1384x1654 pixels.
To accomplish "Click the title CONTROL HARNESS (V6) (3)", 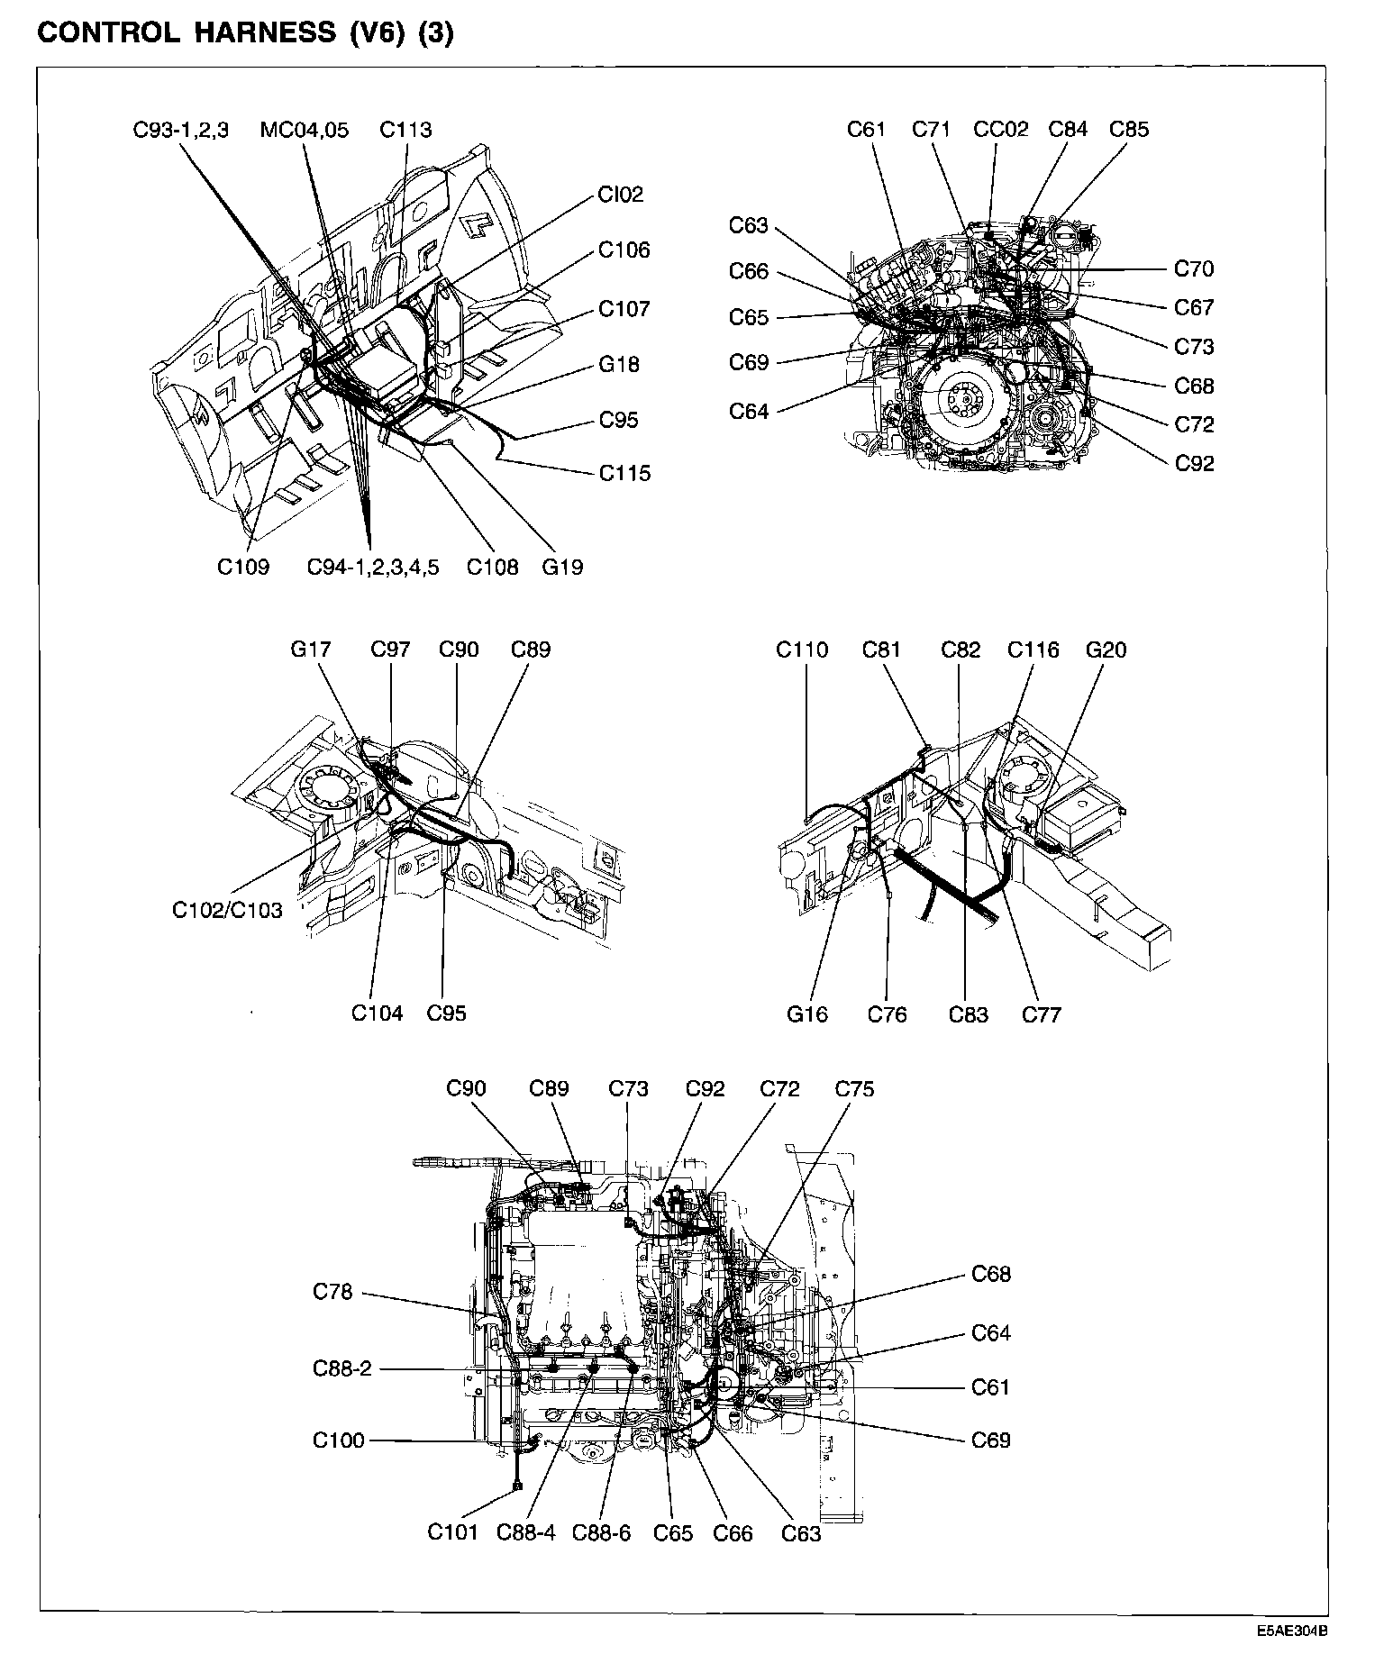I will click(245, 33).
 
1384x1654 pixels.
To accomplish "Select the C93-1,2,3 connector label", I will click(181, 130).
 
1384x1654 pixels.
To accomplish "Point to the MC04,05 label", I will click(304, 130).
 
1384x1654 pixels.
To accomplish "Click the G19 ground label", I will click(562, 567).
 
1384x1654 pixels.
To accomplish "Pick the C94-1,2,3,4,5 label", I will click(373, 567).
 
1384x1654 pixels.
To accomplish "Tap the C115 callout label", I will click(624, 473).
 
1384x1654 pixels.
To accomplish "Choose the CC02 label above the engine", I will click(1000, 129).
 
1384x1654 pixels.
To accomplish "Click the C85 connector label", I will click(1129, 129).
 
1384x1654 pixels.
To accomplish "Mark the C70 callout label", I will click(1194, 268).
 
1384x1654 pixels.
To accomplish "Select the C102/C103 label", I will click(227, 910).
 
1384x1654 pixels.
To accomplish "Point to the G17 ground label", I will click(311, 650).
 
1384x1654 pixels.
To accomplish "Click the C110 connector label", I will click(802, 650).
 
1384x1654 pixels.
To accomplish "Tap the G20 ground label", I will click(1106, 650).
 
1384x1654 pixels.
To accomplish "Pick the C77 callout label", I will click(1042, 1014).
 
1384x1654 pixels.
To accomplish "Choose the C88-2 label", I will click(342, 1368).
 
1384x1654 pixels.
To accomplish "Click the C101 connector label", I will click(452, 1532).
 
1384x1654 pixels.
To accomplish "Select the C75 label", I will click(854, 1089).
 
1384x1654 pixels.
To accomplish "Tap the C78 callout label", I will click(332, 1292).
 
